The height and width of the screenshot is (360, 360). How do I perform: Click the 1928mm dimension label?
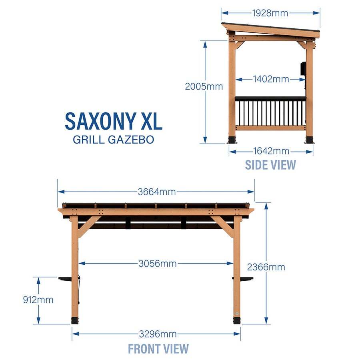[x=270, y=13]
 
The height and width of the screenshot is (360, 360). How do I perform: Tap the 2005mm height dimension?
[x=204, y=86]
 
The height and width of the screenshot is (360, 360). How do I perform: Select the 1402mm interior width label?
[x=271, y=79]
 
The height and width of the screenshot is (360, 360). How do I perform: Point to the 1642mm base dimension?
[x=271, y=151]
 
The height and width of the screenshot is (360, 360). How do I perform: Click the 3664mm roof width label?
[x=157, y=192]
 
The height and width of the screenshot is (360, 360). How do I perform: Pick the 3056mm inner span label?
[x=158, y=263]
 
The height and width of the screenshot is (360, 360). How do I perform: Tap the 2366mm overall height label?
[x=266, y=267]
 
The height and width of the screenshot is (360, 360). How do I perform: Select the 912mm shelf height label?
[x=38, y=300]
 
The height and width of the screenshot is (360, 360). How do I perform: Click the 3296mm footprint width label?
[x=158, y=334]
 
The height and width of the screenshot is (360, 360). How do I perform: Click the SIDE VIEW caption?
[x=270, y=165]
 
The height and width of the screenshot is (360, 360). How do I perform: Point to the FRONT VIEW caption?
[x=158, y=349]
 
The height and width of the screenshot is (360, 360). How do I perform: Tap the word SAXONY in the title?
[x=100, y=121]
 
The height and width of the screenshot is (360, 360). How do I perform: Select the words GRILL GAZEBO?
[x=114, y=139]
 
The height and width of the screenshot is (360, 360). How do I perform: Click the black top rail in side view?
[x=271, y=99]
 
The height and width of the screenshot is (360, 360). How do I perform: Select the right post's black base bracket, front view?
[x=237, y=320]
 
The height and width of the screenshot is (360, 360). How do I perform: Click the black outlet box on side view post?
[x=303, y=68]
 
